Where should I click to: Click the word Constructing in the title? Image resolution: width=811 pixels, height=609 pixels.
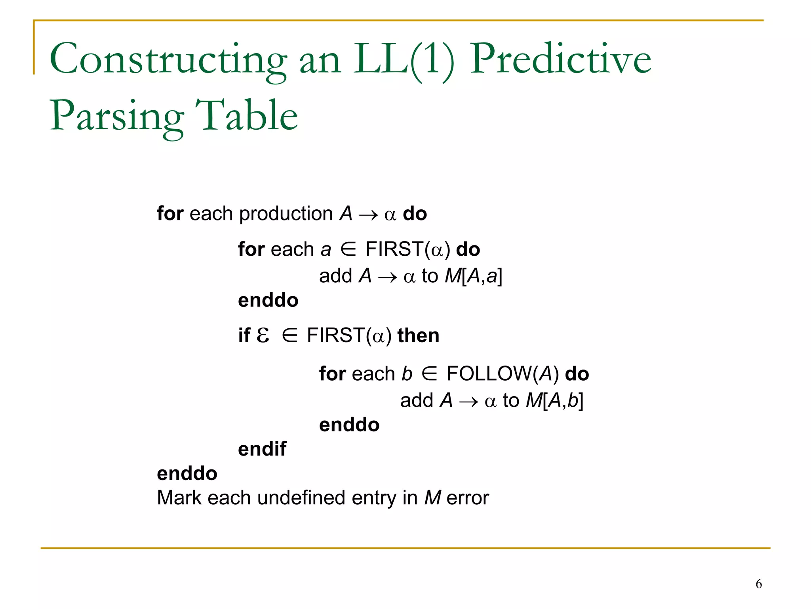tap(168, 59)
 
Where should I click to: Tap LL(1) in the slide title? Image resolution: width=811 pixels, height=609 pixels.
tap(404, 59)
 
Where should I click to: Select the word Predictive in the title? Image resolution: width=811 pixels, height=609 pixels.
tap(560, 59)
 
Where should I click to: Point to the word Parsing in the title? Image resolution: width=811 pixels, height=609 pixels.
tap(117, 117)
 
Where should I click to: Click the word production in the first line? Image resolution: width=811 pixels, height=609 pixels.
tap(286, 214)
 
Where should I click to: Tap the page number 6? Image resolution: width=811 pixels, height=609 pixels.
tap(759, 584)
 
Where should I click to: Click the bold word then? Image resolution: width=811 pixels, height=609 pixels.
tap(418, 335)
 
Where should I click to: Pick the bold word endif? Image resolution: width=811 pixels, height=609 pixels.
tap(262, 449)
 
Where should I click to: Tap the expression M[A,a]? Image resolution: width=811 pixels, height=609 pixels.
tap(474, 276)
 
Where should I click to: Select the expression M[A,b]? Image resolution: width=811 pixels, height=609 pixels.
tap(554, 400)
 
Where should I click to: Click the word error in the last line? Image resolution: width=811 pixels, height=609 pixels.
tap(468, 498)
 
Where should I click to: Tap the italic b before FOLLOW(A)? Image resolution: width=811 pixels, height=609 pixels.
tap(407, 373)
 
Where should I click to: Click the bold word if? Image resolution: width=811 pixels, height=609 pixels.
tap(244, 335)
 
